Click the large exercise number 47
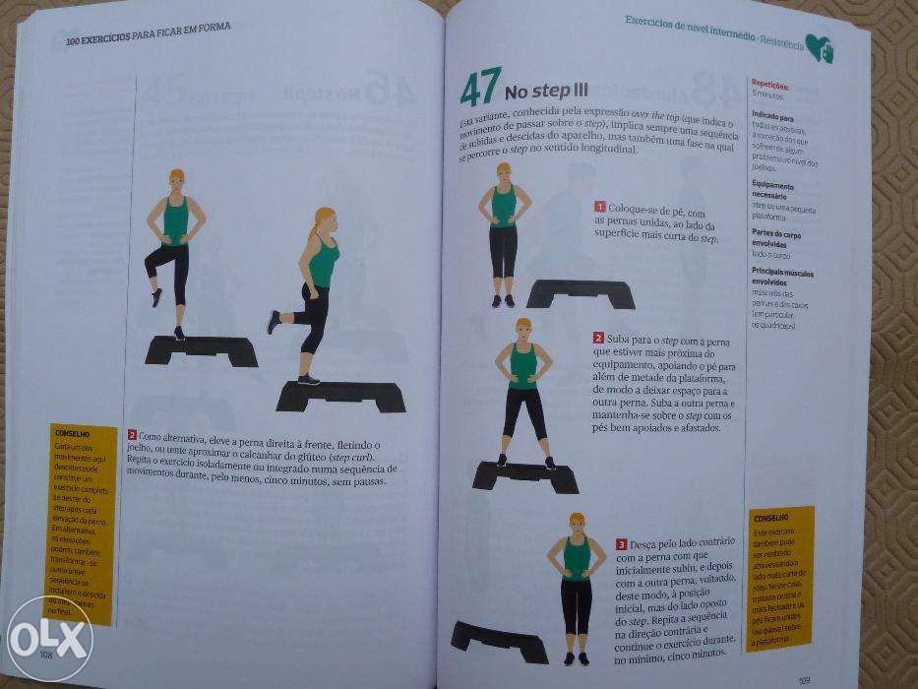[480, 89]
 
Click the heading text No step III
[546, 94]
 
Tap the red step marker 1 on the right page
[599, 207]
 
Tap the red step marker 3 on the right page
[622, 543]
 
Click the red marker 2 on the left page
[131, 434]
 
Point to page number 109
[804, 678]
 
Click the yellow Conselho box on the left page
[82, 522]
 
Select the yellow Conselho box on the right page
[779, 579]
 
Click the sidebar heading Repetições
[769, 85]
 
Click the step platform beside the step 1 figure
[581, 293]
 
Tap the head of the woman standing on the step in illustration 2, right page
[522, 327]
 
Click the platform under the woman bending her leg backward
[341, 396]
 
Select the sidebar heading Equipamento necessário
[773, 189]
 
